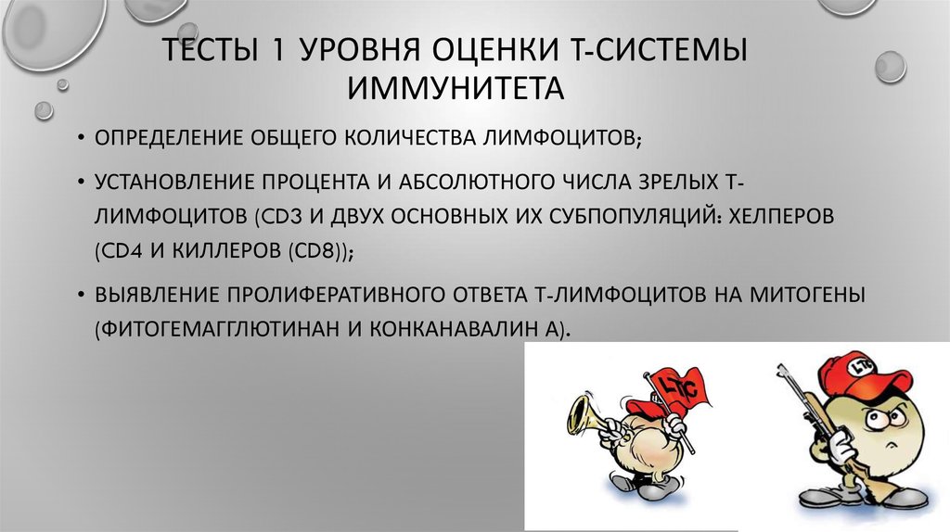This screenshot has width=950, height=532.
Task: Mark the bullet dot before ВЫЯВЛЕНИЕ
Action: point(80,296)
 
